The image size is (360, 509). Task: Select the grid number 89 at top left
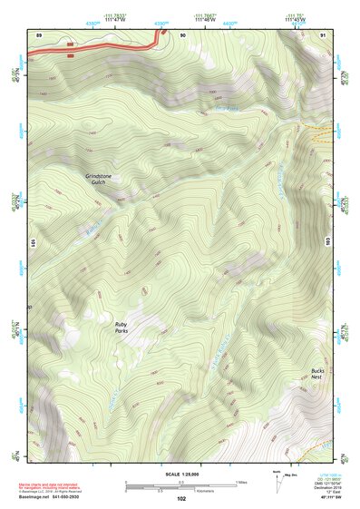[x=39, y=34]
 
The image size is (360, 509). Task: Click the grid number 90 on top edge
[x=182, y=34]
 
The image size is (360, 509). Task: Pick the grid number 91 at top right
[x=323, y=34]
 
